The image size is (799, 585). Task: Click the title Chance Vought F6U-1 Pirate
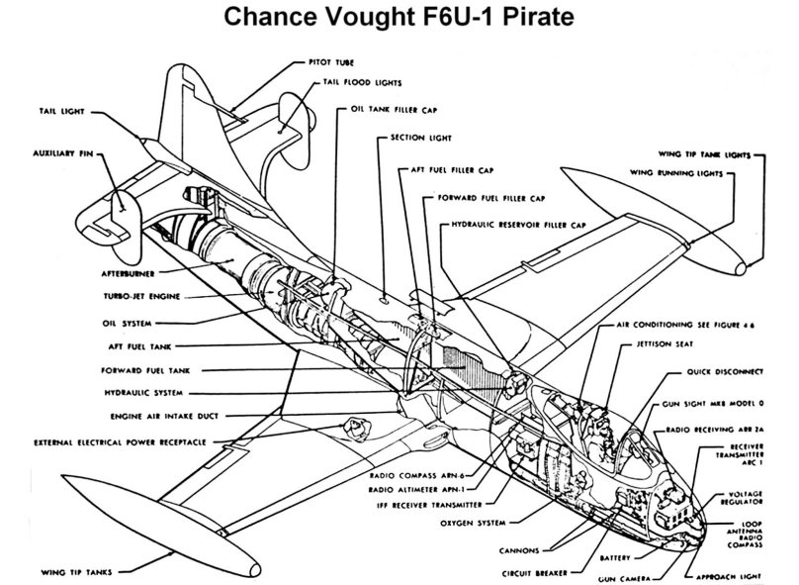(399, 18)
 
